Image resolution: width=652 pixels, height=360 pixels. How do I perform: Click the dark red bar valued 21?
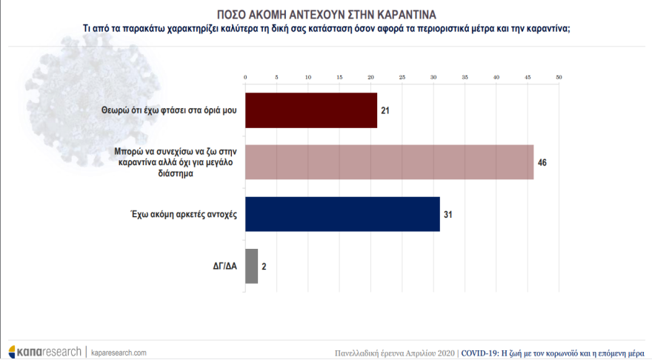(311, 110)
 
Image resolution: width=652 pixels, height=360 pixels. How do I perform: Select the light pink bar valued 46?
(389, 162)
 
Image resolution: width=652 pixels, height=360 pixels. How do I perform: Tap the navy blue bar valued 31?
(342, 214)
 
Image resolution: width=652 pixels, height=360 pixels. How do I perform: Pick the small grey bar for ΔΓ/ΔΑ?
(251, 266)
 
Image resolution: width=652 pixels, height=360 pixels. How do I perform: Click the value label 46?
(542, 162)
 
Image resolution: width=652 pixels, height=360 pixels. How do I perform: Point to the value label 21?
(385, 110)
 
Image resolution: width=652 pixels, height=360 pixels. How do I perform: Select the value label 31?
(448, 214)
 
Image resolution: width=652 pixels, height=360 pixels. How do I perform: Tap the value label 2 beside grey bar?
(264, 266)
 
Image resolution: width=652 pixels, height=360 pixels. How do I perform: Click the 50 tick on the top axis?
(559, 77)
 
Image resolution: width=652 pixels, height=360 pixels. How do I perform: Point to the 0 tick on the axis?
(245, 77)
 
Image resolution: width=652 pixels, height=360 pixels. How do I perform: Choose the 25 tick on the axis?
(402, 77)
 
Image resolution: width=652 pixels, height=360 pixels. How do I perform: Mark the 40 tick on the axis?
(496, 77)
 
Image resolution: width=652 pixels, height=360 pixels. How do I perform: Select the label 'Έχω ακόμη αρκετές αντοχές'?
(182, 214)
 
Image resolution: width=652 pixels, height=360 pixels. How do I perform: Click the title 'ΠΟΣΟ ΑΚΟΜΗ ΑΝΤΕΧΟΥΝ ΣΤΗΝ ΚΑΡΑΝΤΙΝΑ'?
(326, 14)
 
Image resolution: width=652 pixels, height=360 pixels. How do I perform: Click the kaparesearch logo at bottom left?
(44, 352)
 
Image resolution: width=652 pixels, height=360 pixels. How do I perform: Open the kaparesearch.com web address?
(119, 353)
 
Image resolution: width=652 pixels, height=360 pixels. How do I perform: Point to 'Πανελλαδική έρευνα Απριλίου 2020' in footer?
(394, 353)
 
